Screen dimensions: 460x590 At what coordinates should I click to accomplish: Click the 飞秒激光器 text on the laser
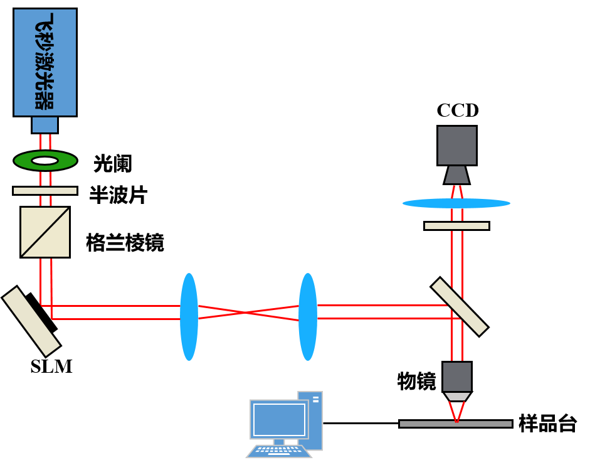pyautogui.click(x=45, y=62)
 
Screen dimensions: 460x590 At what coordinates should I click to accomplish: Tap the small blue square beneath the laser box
pyautogui.click(x=45, y=125)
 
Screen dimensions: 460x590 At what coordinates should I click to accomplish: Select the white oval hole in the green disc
pyautogui.click(x=45, y=161)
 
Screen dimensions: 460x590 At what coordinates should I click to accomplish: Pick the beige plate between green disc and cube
pyautogui.click(x=45, y=191)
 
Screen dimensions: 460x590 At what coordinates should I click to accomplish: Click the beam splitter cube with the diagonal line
pyautogui.click(x=45, y=232)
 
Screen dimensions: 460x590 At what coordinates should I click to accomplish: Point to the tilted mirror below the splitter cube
pyautogui.click(x=31, y=321)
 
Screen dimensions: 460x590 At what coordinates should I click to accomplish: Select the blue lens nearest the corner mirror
pyautogui.click(x=189, y=317)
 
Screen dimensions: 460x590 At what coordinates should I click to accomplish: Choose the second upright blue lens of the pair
pyautogui.click(x=307, y=317)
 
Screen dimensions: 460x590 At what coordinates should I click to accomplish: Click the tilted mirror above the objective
pyautogui.click(x=460, y=307)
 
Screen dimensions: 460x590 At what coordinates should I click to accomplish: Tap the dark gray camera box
pyautogui.click(x=456, y=146)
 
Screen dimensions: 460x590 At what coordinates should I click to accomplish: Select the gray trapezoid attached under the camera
pyautogui.click(x=456, y=175)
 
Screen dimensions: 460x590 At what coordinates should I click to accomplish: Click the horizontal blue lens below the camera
pyautogui.click(x=456, y=203)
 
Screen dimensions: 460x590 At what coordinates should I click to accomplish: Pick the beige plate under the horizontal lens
pyautogui.click(x=456, y=226)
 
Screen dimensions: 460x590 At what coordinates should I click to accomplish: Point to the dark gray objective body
pyautogui.click(x=456, y=377)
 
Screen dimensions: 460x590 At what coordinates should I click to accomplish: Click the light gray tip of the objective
pyautogui.click(x=456, y=397)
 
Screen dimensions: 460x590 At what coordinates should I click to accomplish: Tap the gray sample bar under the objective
pyautogui.click(x=456, y=424)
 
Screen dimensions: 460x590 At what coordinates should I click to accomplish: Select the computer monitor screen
pyautogui.click(x=279, y=420)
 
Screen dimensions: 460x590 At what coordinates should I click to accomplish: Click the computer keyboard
pyautogui.click(x=279, y=451)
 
